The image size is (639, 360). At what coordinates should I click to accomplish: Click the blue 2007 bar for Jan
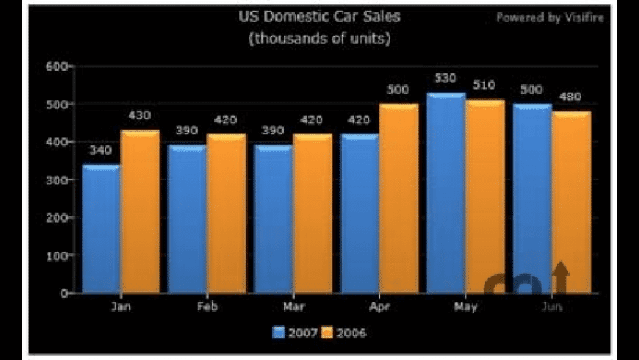(x=101, y=229)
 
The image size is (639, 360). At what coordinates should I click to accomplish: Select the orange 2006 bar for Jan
(x=140, y=212)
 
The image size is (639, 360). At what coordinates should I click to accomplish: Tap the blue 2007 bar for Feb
(x=187, y=220)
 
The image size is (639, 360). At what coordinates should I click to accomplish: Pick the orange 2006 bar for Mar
(x=313, y=214)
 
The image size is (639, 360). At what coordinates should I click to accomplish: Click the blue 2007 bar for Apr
(x=359, y=214)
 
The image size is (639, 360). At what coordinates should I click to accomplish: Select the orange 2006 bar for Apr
(x=399, y=198)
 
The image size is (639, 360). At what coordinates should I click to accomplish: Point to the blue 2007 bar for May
(x=446, y=193)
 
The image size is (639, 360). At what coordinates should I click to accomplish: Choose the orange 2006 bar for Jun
(x=571, y=202)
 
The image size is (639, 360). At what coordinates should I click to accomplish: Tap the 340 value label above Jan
(x=101, y=151)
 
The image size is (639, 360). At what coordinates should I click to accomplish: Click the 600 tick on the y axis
(x=56, y=66)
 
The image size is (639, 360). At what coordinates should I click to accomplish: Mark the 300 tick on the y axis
(x=56, y=180)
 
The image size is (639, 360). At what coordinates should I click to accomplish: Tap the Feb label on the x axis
(x=207, y=307)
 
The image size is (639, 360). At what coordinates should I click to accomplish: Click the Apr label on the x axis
(x=379, y=307)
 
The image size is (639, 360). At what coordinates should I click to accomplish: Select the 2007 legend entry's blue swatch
(x=279, y=333)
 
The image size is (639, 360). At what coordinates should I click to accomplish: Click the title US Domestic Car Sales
(x=319, y=16)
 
